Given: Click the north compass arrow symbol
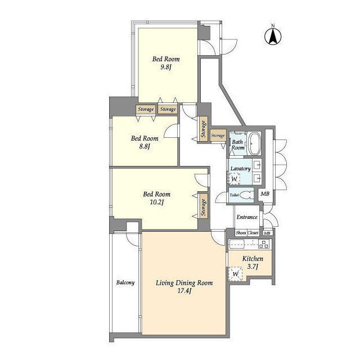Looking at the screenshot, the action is [273, 36].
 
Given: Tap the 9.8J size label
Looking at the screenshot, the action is [166, 67].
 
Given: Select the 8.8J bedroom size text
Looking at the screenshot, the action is [145, 146].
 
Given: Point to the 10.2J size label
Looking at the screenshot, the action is [156, 202].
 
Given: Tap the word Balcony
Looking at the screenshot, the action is [125, 282].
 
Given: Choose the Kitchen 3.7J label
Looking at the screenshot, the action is [253, 263].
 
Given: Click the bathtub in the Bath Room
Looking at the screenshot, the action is [255, 143].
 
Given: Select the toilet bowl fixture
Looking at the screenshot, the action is [247, 195].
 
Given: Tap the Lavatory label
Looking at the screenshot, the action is [240, 169].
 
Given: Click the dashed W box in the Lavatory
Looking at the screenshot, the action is [234, 179].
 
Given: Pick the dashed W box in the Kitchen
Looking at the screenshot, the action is [235, 274].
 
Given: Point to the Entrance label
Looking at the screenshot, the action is [247, 217].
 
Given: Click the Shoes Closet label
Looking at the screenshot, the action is [247, 233].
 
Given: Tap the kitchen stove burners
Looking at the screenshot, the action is [264, 244].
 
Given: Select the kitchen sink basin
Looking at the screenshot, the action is [237, 244].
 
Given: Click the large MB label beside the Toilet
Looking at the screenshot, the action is [265, 194].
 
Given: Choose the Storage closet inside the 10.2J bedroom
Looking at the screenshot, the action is [203, 208].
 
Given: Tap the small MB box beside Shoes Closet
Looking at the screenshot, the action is [267, 233].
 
